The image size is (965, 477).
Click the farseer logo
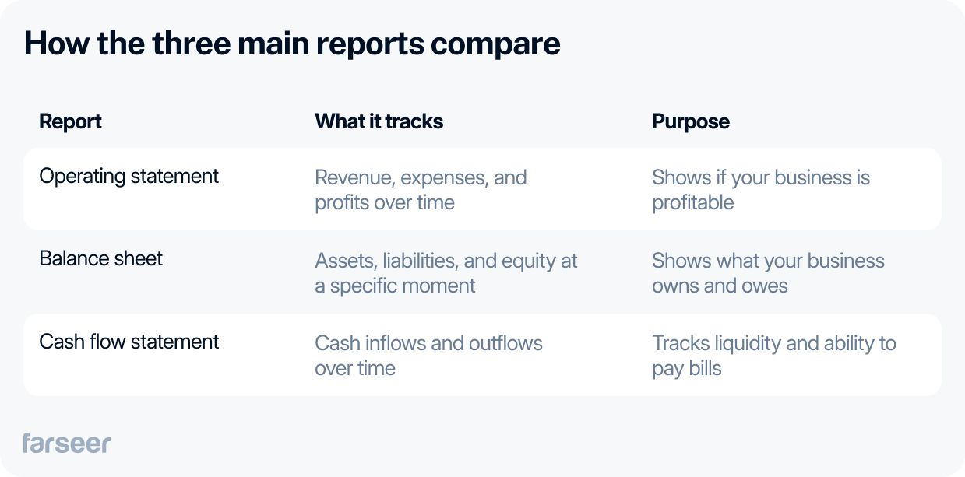click(x=66, y=443)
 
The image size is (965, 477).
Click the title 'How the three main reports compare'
click(x=292, y=44)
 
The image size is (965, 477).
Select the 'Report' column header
click(x=70, y=122)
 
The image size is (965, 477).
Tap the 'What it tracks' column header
click(x=379, y=122)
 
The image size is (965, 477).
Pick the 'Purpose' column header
click(x=690, y=122)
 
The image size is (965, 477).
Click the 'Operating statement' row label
click(x=129, y=177)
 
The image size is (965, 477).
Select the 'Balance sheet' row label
click(x=100, y=259)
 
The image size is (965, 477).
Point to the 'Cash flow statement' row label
click(x=129, y=342)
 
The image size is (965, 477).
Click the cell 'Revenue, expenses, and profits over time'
click(x=421, y=190)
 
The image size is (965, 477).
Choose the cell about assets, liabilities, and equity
click(x=446, y=272)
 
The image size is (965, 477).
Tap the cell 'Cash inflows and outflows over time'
click(x=428, y=355)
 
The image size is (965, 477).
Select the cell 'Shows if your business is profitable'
click(x=760, y=190)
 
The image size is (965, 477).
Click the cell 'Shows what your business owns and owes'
click(x=767, y=272)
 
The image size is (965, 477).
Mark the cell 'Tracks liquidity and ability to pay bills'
click(x=773, y=355)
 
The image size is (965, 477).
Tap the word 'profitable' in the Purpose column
click(x=692, y=203)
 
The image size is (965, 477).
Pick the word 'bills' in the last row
click(x=703, y=368)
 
